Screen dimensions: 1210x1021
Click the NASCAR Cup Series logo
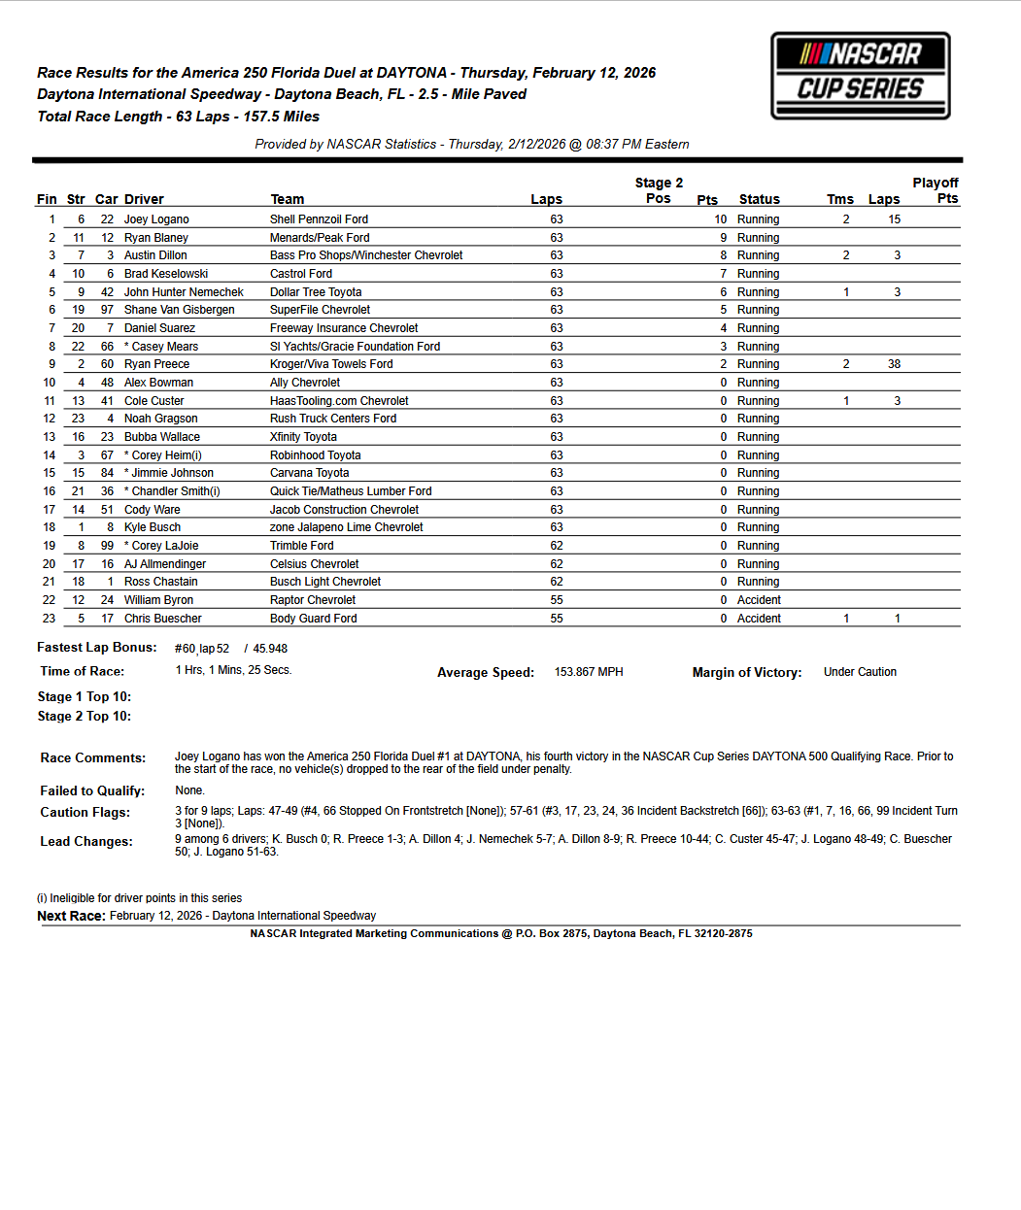(860, 76)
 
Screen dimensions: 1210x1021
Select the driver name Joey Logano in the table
(156, 219)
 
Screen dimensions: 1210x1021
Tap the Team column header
(287, 199)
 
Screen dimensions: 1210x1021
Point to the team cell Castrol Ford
(301, 274)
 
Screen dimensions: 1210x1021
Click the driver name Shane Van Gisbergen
(179, 310)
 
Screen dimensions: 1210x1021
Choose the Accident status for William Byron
(759, 600)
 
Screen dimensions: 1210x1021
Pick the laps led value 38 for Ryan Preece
(894, 364)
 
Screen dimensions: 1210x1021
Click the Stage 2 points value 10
(720, 219)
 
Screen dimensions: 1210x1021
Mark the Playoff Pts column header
(936, 190)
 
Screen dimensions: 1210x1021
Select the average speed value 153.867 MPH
(589, 672)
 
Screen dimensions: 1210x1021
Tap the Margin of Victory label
(746, 672)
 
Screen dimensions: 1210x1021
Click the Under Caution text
(860, 672)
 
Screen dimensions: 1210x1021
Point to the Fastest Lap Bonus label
(96, 648)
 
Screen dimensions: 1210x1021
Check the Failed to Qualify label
(92, 791)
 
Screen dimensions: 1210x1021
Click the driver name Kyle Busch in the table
(153, 527)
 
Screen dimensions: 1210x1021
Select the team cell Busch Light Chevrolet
(325, 582)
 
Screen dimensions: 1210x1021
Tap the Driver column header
(144, 199)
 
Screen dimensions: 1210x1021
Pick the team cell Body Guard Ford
(313, 619)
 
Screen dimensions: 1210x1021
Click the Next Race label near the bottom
(71, 916)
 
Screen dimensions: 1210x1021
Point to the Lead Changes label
(86, 842)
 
